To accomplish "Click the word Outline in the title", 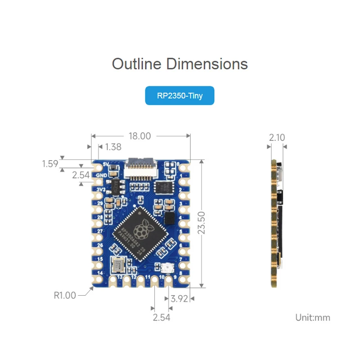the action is click(136, 64).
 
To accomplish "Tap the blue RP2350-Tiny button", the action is click(180, 96).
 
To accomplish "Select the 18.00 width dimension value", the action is click(139, 136).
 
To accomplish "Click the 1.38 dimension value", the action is click(113, 147).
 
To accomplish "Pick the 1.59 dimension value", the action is click(50, 163).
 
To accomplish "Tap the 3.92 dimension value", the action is click(179, 298).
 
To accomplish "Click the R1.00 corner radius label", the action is click(65, 295).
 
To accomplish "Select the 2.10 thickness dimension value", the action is click(277, 138).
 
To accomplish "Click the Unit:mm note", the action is click(312, 318).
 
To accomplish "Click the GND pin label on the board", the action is click(101, 175).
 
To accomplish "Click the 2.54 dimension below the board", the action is click(162, 317).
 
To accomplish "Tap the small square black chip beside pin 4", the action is click(169, 218).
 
